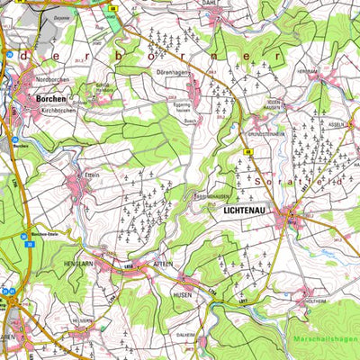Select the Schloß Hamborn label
coord(104,87)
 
